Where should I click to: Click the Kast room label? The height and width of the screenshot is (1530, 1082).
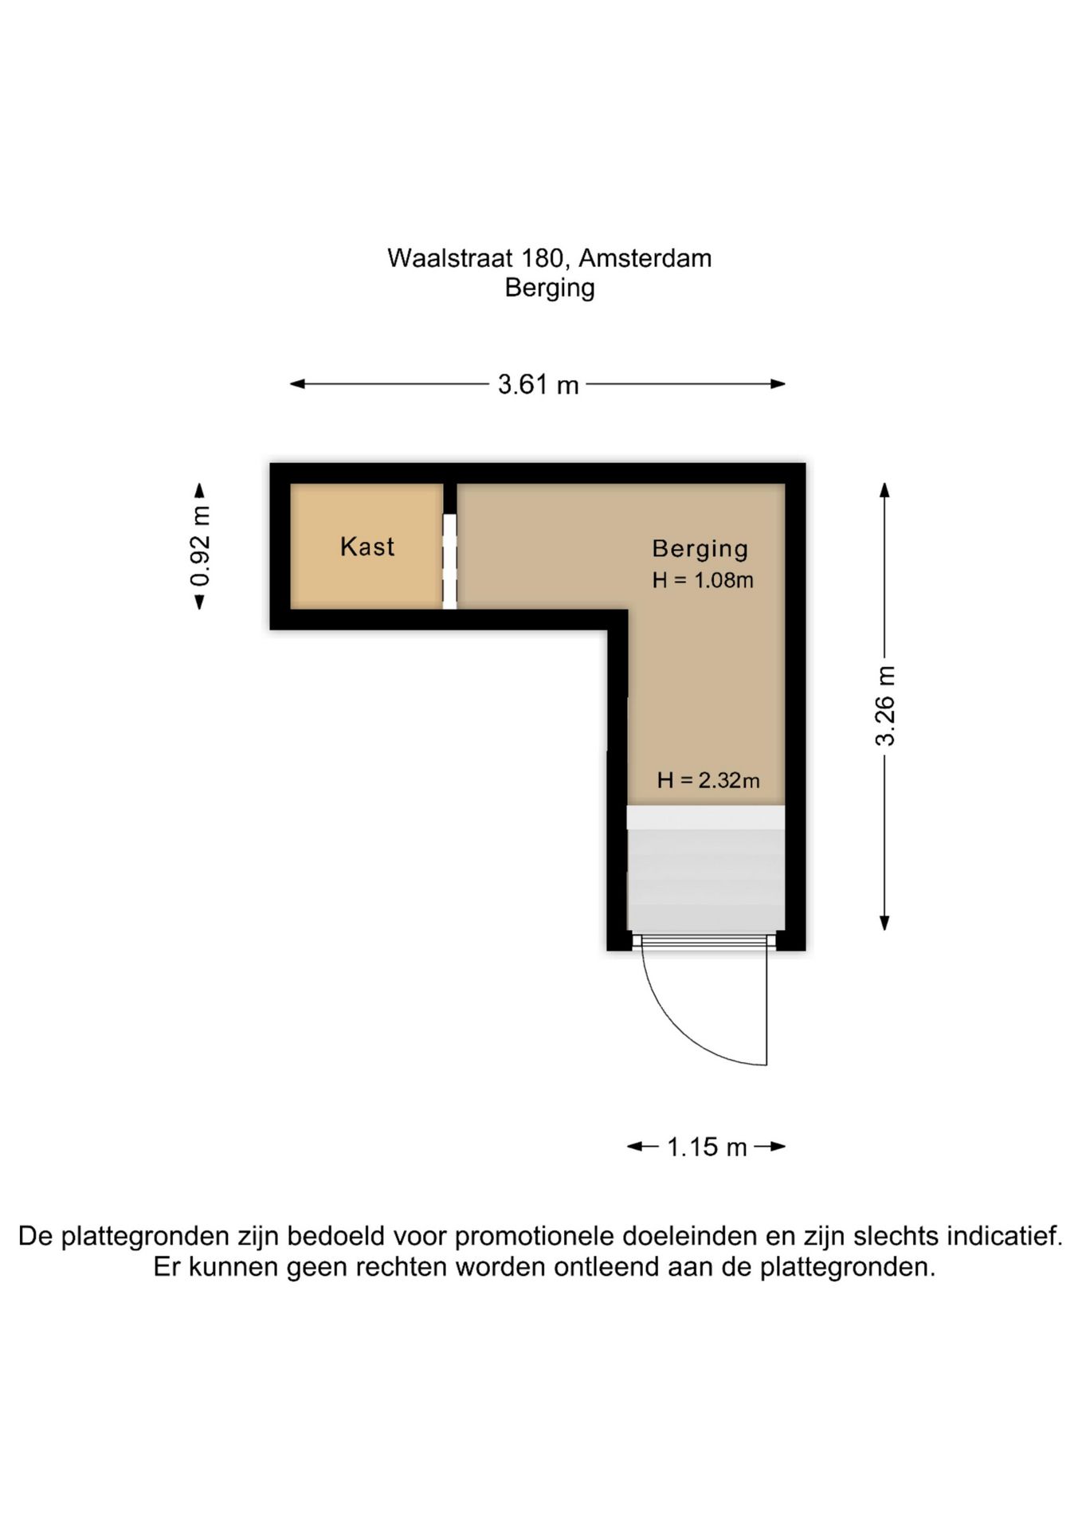367,547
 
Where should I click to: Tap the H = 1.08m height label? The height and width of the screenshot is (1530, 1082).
702,580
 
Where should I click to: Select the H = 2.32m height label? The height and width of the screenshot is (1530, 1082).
708,780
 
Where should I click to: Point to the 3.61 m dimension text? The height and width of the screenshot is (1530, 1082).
538,385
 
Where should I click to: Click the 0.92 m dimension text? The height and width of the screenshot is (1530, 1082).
200,546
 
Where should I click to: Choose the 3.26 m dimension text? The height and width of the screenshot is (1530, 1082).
884,706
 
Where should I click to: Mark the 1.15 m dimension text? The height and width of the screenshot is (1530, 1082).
706,1147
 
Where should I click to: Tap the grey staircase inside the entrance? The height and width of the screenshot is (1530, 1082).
705,877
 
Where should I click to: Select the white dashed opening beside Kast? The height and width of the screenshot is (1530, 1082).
449,561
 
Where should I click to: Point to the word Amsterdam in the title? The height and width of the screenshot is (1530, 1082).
645,258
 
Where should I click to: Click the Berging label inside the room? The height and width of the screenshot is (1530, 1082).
700,549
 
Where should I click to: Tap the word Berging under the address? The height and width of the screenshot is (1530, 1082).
549,288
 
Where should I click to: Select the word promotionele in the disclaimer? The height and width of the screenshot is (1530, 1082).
535,1236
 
